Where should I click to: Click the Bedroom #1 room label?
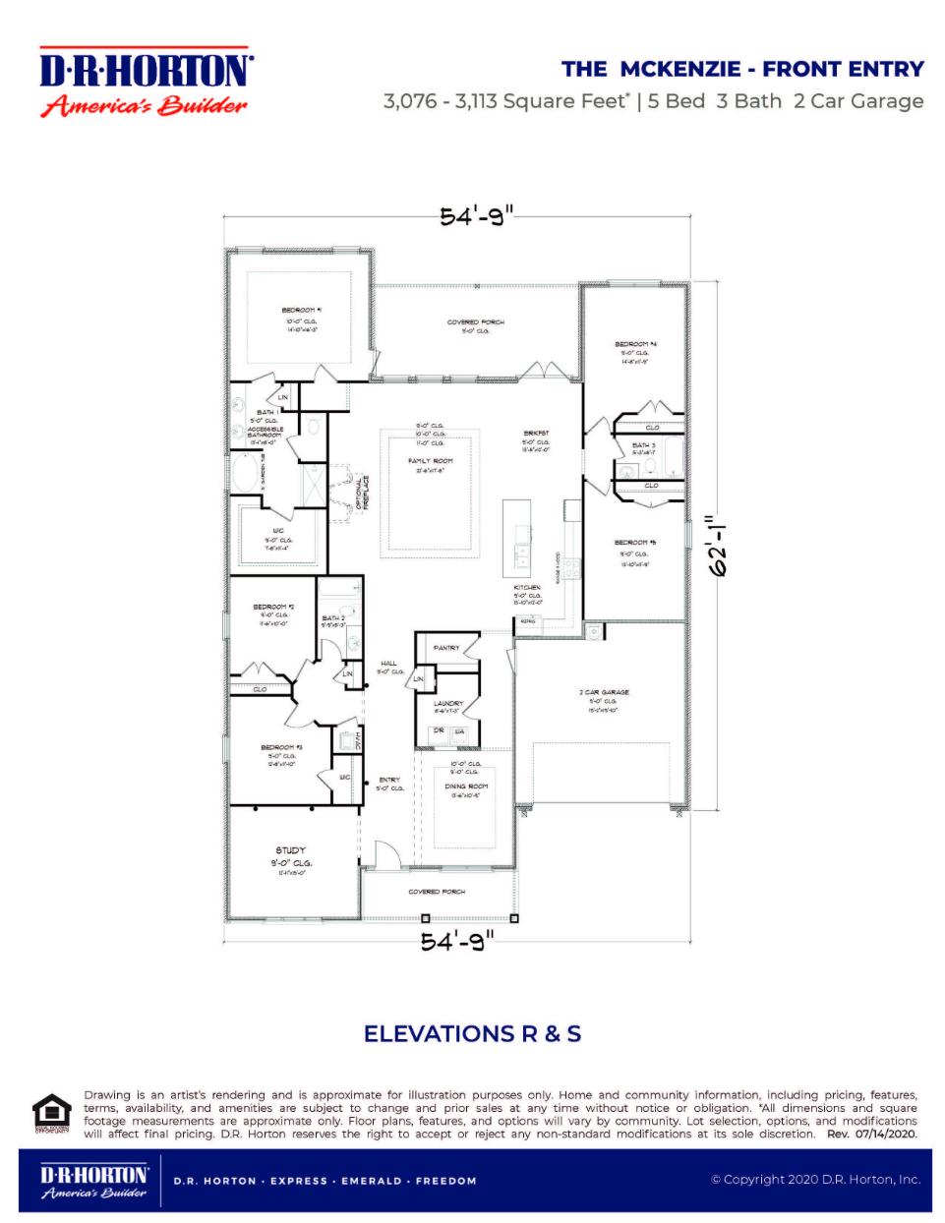[301, 311]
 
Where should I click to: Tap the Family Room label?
[431, 461]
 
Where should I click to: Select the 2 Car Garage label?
[604, 692]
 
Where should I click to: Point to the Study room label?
[290, 850]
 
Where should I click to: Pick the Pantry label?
[446, 649]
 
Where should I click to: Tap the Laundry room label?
[448, 704]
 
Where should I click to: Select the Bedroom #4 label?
[635, 345]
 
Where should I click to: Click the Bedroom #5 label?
[635, 543]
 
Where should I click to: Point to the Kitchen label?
[527, 588]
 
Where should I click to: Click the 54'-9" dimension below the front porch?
[457, 942]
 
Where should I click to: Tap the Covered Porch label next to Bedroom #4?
[476, 322]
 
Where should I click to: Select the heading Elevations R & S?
[472, 1034]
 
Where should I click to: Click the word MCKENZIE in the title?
[679, 69]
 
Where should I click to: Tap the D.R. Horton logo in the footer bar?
[93, 1181]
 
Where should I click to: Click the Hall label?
[388, 664]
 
